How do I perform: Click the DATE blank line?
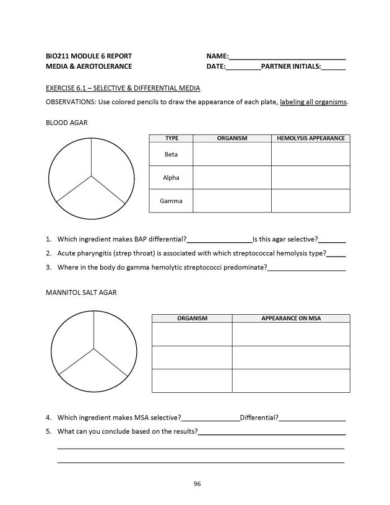pos(243,68)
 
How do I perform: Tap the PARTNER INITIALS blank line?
pos(334,68)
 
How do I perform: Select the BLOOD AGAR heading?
pos(67,123)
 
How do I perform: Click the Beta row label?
pos(171,154)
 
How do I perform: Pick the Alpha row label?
pos(171,178)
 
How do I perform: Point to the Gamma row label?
pos(171,201)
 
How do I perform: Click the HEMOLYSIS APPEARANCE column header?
pos(311,138)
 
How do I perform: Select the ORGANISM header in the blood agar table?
pos(232,138)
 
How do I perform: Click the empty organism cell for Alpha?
pos(232,178)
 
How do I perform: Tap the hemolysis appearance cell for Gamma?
pos(311,201)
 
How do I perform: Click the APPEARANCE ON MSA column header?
pos(291,318)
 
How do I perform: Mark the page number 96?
pos(197,484)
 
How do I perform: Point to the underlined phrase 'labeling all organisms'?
pos(313,102)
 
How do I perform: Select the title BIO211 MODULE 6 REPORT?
pos(89,56)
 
